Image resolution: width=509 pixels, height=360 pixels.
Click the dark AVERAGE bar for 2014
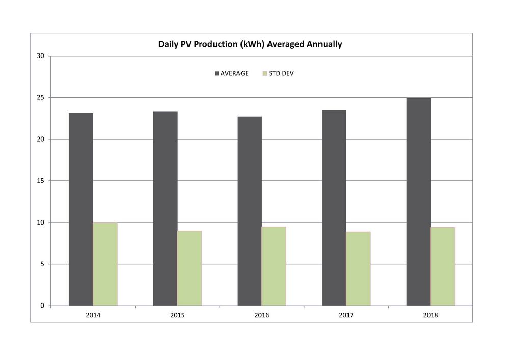(x=81, y=209)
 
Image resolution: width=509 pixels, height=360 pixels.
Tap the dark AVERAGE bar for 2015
(x=165, y=208)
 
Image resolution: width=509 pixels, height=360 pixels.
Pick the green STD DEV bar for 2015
(x=190, y=268)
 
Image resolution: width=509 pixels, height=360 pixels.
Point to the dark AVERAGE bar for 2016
(x=250, y=211)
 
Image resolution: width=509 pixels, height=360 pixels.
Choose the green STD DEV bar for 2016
(x=274, y=266)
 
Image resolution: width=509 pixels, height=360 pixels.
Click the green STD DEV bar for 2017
(x=358, y=268)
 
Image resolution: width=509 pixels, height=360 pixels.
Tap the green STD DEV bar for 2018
(x=442, y=266)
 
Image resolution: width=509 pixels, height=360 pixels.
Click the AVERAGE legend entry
(x=231, y=73)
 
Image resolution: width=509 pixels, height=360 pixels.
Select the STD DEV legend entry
(x=278, y=73)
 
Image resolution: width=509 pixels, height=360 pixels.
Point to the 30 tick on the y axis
(x=42, y=56)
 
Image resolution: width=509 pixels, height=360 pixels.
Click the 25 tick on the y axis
(x=42, y=97)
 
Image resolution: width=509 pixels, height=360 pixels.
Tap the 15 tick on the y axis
(x=42, y=181)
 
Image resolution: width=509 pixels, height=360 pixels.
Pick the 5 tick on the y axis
(x=44, y=264)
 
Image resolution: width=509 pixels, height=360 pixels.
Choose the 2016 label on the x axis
(x=262, y=315)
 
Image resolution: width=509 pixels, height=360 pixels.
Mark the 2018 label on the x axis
(x=431, y=315)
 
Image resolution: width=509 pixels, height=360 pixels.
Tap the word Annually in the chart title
(x=324, y=44)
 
